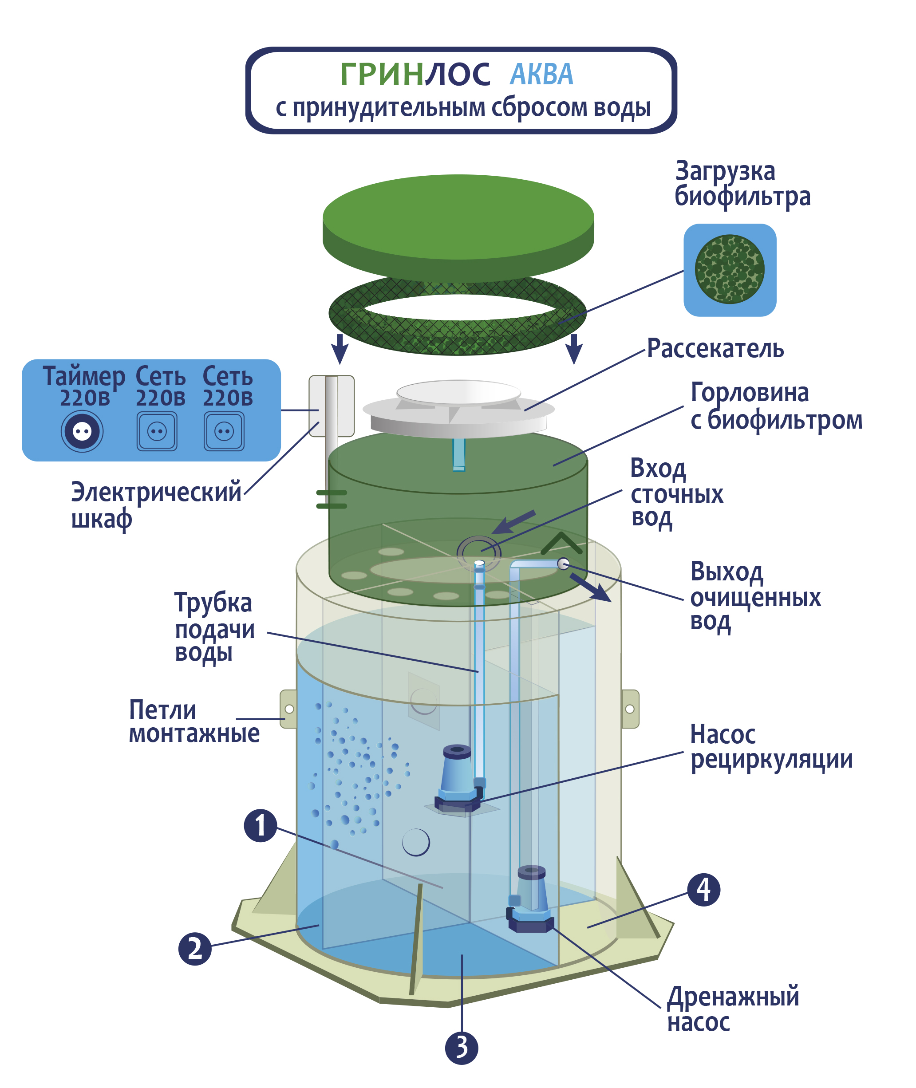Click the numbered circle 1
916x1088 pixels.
click(260, 825)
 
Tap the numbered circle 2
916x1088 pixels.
click(195, 948)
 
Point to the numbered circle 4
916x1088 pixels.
click(703, 890)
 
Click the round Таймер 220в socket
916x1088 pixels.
click(82, 431)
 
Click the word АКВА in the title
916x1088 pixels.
click(541, 74)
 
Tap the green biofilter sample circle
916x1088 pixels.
click(730, 269)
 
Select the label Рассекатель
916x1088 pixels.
click(715, 348)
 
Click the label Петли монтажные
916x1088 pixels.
click(193, 721)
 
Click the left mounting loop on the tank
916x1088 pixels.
click(288, 709)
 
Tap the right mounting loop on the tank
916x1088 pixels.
click(630, 709)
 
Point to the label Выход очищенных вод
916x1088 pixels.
click(755, 597)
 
